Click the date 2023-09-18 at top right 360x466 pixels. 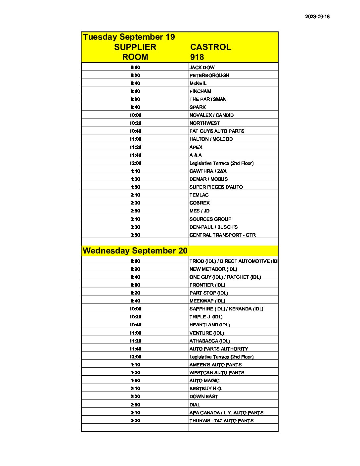[x=317, y=17]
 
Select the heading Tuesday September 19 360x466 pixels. [x=129, y=37]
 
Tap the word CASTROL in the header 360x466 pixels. [x=210, y=47]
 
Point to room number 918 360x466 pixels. [x=197, y=57]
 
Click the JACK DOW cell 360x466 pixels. [x=202, y=68]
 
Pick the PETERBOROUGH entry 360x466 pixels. [x=209, y=75]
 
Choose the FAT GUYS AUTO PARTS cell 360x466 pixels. [x=217, y=131]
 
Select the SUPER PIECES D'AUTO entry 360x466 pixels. [x=216, y=187]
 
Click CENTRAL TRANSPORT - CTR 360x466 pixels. [x=222, y=235]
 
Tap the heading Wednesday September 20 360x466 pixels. [x=135, y=251]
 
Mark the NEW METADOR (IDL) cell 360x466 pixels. [x=213, y=269]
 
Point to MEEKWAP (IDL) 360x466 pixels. [x=207, y=301]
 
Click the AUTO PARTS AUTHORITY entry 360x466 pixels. [x=218, y=349]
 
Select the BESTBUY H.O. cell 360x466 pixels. [x=205, y=389]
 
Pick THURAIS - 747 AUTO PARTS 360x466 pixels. [x=221, y=421]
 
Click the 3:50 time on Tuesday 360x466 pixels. [x=135, y=235]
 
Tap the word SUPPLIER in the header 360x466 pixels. [x=135, y=47]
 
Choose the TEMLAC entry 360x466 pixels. [x=199, y=195]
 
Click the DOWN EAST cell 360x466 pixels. [x=203, y=396]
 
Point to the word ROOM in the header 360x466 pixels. [x=135, y=57]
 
